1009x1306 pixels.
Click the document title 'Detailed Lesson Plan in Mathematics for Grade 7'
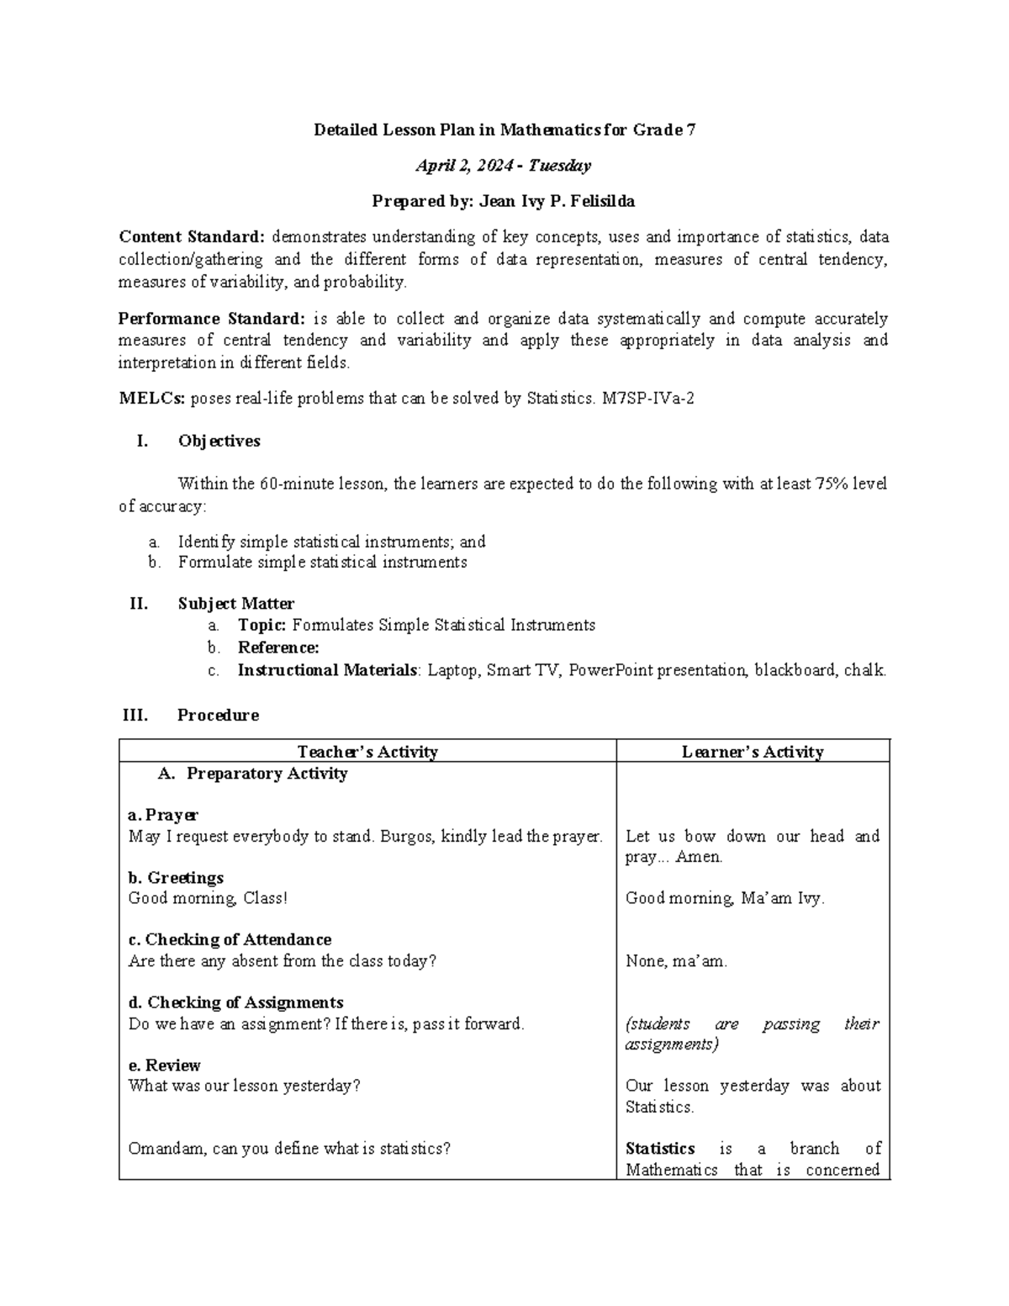pos(504,130)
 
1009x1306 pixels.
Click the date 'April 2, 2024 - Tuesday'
pos(504,166)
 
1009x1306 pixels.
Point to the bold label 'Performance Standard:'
pos(212,319)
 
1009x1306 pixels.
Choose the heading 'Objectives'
pos(219,441)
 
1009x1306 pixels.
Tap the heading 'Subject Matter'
pos(235,603)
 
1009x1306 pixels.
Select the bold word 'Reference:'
pos(278,648)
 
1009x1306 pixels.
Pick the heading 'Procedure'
pos(218,715)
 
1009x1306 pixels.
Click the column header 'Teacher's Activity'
pos(367,752)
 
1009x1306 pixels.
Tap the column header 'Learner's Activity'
pos(753,752)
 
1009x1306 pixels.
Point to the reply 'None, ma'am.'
pos(676,961)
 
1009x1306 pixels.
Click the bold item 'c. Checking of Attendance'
pos(230,939)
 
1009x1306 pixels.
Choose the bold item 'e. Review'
pos(164,1065)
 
